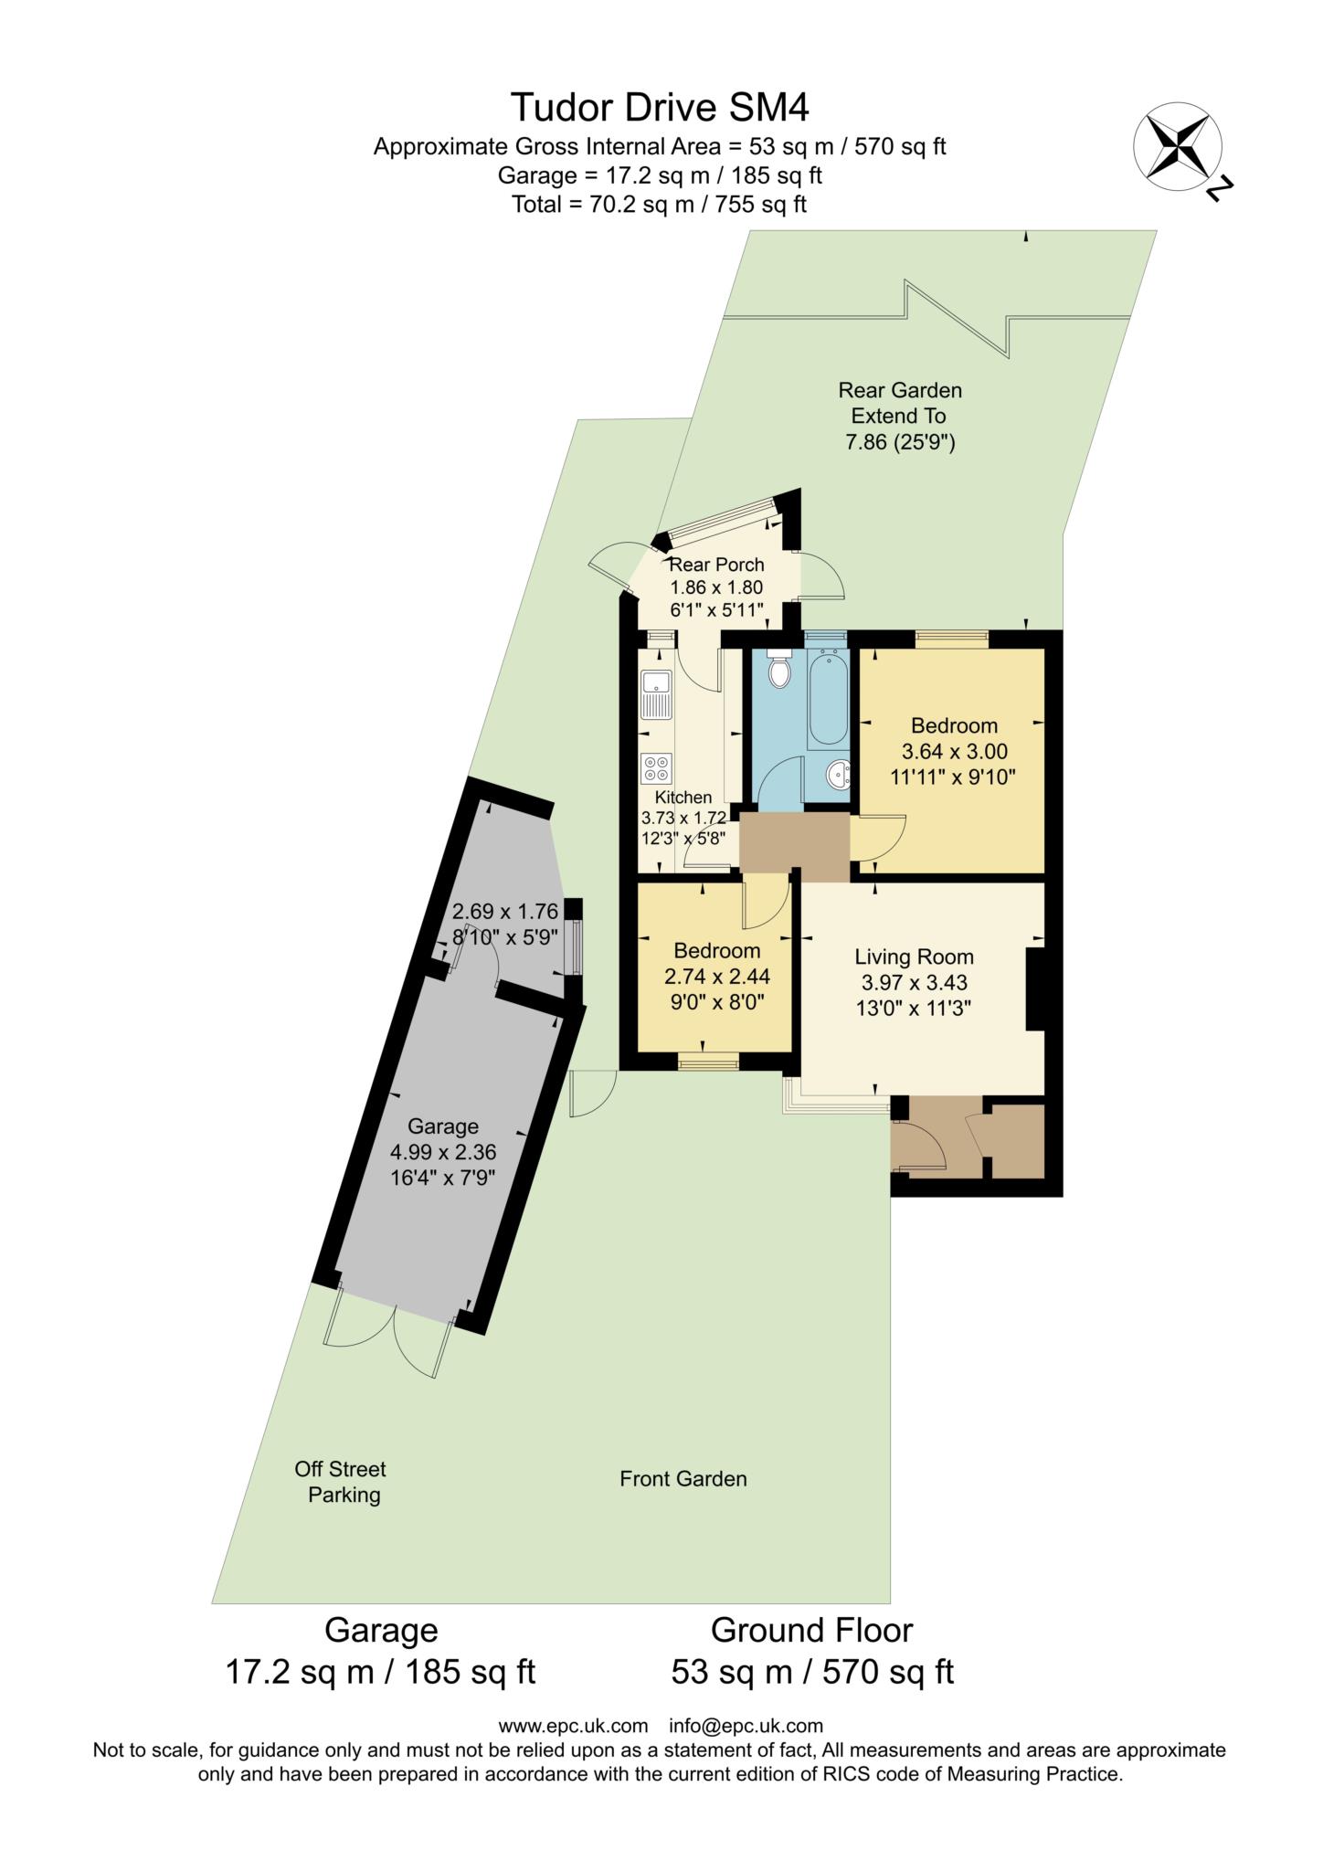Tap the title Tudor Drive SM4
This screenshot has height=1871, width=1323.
(x=660, y=108)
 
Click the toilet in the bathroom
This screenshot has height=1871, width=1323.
(x=779, y=670)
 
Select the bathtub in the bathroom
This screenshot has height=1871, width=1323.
(x=829, y=699)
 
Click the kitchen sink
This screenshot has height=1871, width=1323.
(x=656, y=694)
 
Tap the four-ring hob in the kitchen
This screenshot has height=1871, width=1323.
(x=656, y=767)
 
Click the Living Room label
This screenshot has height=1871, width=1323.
(x=914, y=957)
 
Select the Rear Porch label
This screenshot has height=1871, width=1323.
(x=717, y=565)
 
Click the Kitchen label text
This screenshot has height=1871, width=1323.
(x=683, y=798)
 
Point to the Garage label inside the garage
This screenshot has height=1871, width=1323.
(x=443, y=1126)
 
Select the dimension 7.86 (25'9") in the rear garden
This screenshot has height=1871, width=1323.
(x=901, y=443)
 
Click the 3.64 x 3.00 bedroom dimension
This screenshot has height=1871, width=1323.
(x=955, y=752)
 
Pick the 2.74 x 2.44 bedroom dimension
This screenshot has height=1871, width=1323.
(x=717, y=977)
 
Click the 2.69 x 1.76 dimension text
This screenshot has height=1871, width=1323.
(x=505, y=912)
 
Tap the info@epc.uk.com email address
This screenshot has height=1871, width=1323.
(x=746, y=1726)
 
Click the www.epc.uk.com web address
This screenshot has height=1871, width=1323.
(x=573, y=1726)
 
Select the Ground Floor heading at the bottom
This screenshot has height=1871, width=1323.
(x=812, y=1631)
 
